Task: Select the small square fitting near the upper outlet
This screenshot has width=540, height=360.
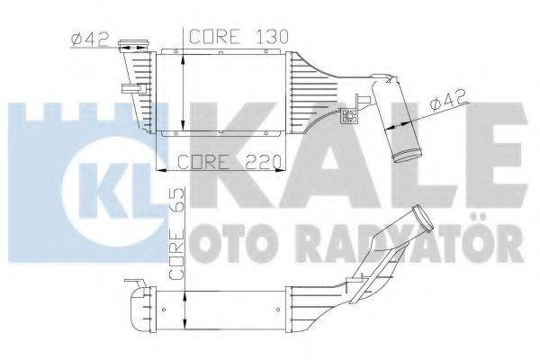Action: point(349,115)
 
